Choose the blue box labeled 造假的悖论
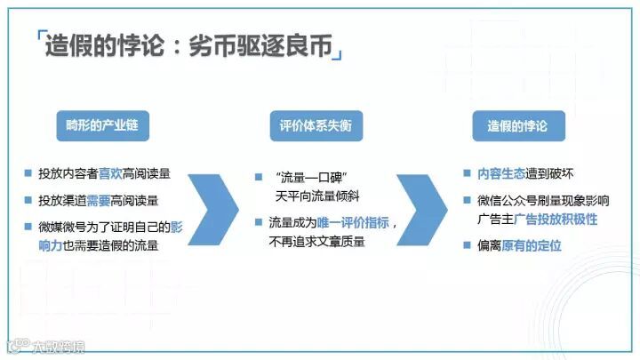517,125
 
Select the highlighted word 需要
111,200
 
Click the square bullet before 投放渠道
29,200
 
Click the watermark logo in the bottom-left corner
13,342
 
